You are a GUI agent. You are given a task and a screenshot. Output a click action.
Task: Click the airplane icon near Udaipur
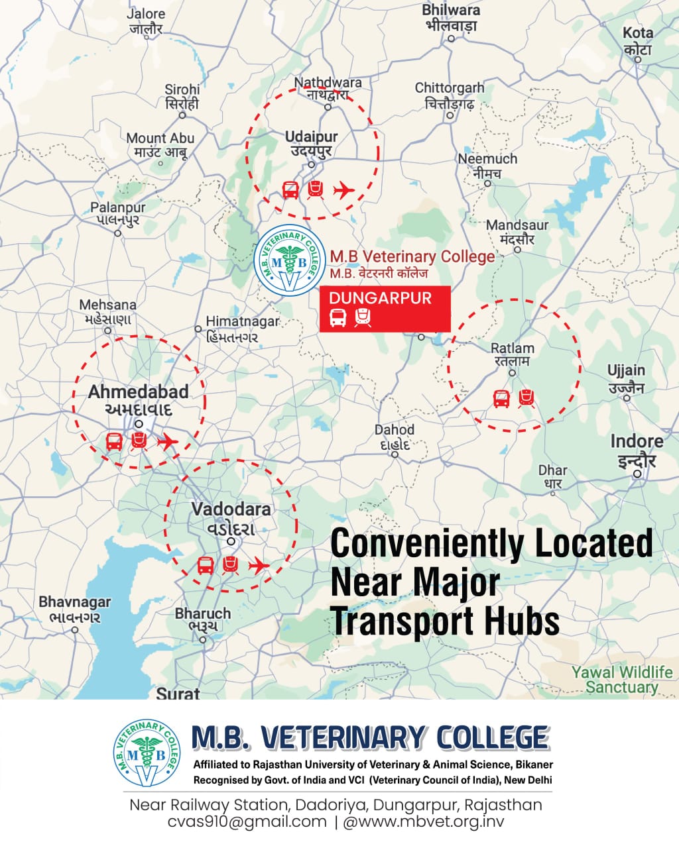point(343,191)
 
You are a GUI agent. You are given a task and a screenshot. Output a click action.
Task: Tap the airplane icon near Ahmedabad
point(167,441)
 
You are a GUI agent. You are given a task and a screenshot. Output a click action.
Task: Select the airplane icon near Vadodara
point(259,565)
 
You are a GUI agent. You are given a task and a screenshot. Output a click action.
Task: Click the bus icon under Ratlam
point(502,399)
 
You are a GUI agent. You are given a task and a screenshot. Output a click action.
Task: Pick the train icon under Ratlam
point(526,398)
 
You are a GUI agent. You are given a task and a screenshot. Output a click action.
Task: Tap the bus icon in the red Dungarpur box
point(338,318)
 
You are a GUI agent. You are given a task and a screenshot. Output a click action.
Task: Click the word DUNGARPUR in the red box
point(380,298)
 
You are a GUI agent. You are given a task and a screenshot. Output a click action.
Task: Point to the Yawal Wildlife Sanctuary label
point(621,680)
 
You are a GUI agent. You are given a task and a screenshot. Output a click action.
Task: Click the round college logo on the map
point(290,260)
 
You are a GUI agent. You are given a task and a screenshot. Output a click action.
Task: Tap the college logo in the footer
point(147,753)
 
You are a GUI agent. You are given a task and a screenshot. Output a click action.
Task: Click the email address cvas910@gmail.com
point(248,822)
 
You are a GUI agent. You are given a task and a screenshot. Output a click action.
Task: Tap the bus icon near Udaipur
point(290,191)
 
